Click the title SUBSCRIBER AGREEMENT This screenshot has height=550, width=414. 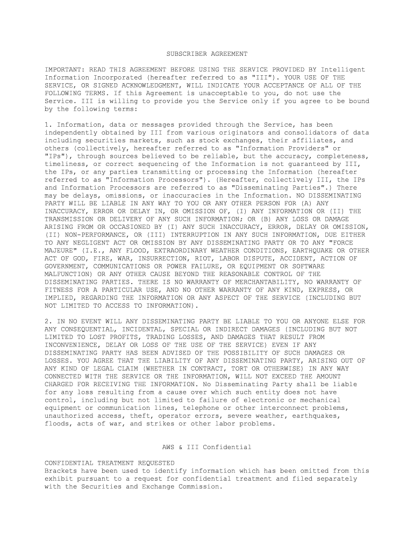pos(206,54)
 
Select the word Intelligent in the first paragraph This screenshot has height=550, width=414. pos(343,70)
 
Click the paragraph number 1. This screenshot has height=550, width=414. pos(46,125)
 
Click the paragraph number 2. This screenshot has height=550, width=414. pos(46,321)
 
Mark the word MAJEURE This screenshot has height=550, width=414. pos(61,250)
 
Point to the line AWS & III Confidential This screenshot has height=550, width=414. pos(206,447)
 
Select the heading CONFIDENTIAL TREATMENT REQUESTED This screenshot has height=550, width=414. pos(109,463)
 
